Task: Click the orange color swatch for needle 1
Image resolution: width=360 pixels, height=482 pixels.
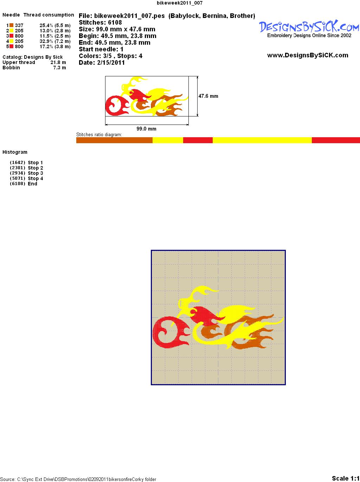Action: pos(11,25)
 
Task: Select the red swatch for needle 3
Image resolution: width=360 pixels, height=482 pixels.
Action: pos(11,36)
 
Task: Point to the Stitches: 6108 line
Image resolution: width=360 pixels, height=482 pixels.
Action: pos(100,23)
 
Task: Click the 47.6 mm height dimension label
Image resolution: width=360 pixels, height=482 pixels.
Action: pos(208,96)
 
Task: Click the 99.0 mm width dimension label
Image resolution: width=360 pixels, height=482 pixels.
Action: pos(146,129)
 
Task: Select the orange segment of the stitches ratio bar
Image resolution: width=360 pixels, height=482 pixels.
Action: pos(114,140)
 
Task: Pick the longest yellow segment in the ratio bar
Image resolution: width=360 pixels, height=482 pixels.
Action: pos(262,140)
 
